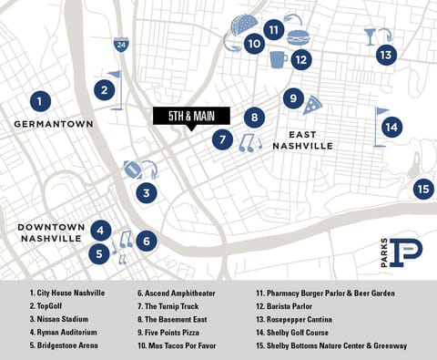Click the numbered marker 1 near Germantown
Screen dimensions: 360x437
(39, 100)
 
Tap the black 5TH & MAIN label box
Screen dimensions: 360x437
(191, 116)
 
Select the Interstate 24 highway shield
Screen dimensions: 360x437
(121, 44)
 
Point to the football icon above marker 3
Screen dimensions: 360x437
(133, 169)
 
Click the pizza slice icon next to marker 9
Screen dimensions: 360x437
(313, 103)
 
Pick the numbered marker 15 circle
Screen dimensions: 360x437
(423, 190)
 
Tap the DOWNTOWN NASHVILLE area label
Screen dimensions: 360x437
(52, 231)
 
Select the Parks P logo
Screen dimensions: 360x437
(401, 253)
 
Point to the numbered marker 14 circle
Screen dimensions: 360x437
(391, 127)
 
